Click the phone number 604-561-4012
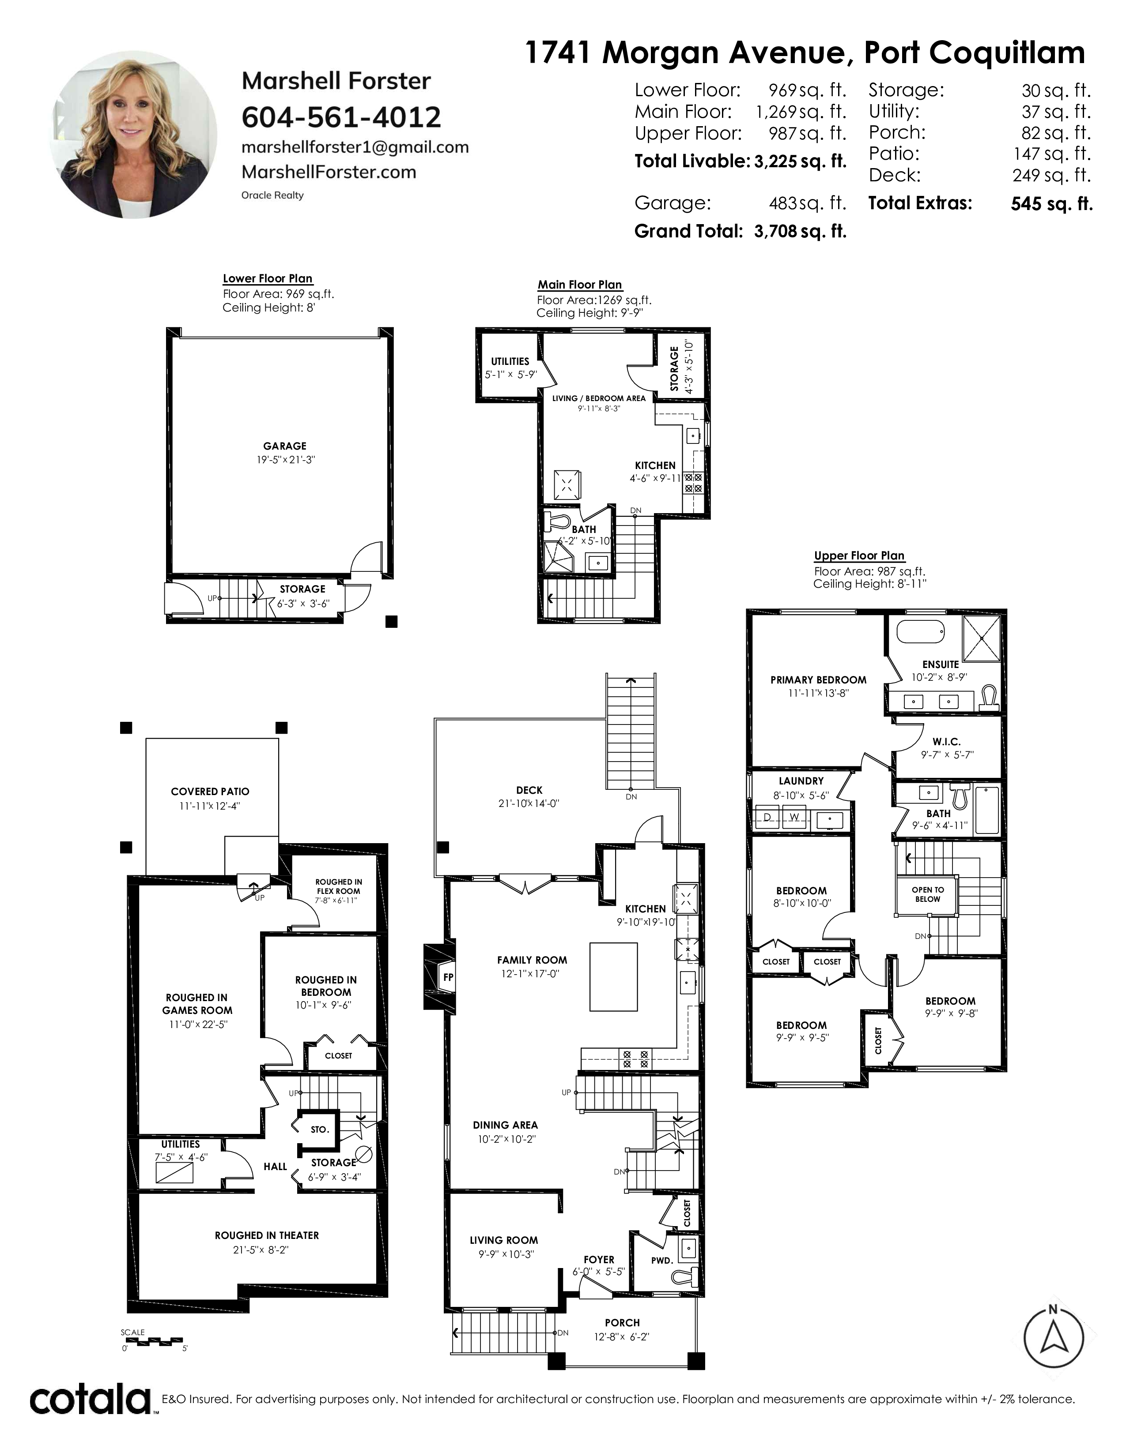click(341, 117)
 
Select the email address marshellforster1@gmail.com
click(355, 147)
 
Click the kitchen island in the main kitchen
click(613, 977)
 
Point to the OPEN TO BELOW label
click(928, 894)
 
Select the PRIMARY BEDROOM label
click(819, 680)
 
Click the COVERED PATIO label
click(210, 792)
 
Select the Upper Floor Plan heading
click(859, 556)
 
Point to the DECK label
click(529, 790)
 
